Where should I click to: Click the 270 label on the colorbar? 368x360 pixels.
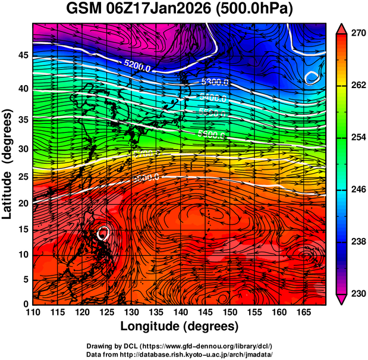coord(355,33)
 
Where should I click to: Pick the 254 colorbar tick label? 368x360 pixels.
coord(355,137)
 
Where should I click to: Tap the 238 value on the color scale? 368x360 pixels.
coord(355,242)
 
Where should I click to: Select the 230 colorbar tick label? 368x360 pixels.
coord(355,293)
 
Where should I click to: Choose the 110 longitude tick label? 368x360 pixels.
coord(33,312)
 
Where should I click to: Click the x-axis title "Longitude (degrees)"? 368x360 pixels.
coord(180,327)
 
